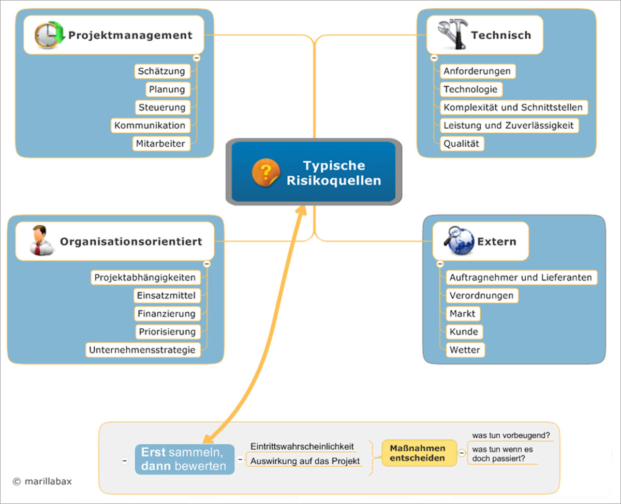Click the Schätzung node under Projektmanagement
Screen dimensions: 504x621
pos(161,71)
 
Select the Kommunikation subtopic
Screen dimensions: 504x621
pos(150,125)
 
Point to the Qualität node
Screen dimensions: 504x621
pos(462,144)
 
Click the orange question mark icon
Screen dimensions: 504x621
pos(265,173)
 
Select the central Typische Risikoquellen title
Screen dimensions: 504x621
pos(334,173)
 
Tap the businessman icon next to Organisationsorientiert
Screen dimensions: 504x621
pos(40,240)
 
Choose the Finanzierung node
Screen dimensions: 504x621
pos(166,313)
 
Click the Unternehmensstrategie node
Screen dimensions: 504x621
pos(142,349)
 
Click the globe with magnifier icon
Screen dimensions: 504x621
pos(459,240)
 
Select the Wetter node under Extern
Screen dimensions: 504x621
pos(465,349)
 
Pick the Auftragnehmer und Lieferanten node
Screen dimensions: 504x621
pos(520,277)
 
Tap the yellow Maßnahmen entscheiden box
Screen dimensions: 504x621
pos(417,453)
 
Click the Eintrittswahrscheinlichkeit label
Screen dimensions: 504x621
pos(302,446)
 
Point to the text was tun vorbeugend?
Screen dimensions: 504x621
pos(511,435)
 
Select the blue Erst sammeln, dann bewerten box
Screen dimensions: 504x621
pos(184,459)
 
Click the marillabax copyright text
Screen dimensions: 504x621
pos(42,481)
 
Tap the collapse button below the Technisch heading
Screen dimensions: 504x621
pos(434,58)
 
